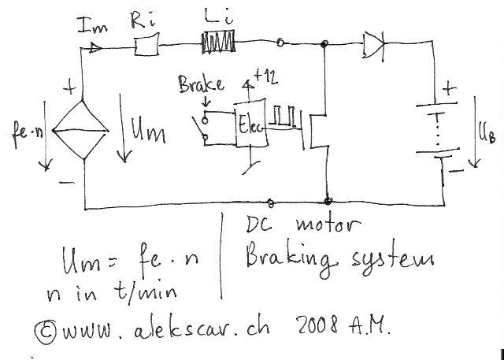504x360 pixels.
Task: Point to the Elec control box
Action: pyautogui.click(x=252, y=124)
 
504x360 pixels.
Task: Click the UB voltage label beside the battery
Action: pyautogui.click(x=487, y=136)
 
